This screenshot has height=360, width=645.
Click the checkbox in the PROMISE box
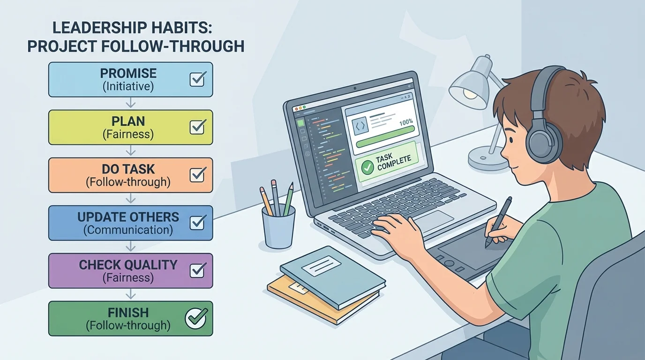pyautogui.click(x=197, y=79)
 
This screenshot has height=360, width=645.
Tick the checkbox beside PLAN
pyautogui.click(x=197, y=127)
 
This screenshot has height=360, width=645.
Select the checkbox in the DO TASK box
pyautogui.click(x=197, y=175)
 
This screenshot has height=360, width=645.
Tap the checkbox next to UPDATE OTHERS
pyautogui.click(x=197, y=223)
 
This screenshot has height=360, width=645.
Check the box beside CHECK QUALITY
pyautogui.click(x=197, y=270)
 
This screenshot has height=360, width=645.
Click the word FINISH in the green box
pyautogui.click(x=128, y=312)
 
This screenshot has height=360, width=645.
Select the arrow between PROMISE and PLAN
pyautogui.click(x=131, y=103)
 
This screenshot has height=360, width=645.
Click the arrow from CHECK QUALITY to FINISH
pyautogui.click(x=131, y=294)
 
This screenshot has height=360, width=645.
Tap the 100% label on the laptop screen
pyautogui.click(x=405, y=122)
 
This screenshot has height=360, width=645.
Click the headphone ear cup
pyautogui.click(x=543, y=140)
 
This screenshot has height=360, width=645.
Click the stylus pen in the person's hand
pyautogui.click(x=498, y=220)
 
